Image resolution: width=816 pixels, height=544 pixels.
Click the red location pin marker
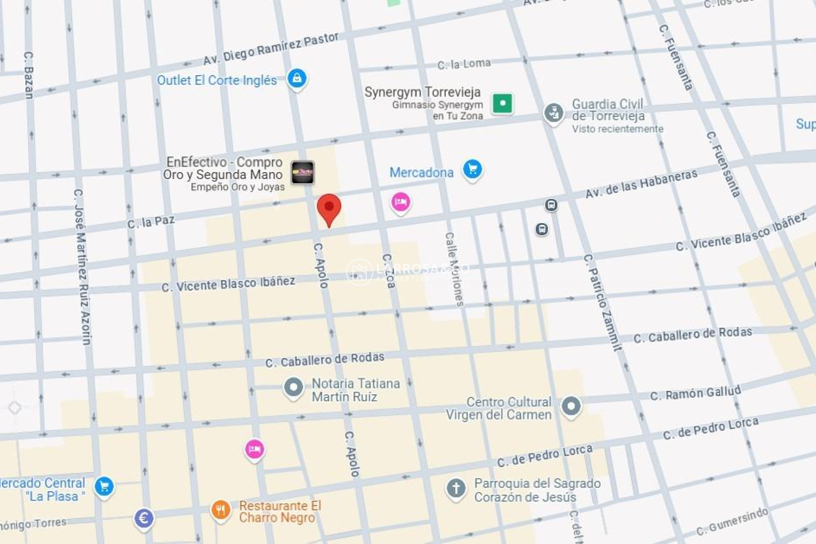329,208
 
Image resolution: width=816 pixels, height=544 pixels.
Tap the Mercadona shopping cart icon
472,169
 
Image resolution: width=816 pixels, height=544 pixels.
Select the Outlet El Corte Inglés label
217,80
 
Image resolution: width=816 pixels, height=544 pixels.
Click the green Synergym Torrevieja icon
502,103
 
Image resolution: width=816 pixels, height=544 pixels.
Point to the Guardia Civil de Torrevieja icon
553,113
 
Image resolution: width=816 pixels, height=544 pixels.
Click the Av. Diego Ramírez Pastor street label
271,49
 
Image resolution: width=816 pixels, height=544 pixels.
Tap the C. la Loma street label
464,64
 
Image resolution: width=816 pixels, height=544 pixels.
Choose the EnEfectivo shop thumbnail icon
303,173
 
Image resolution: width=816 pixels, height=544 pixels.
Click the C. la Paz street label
151,222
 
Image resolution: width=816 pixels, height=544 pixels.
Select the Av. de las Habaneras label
641,184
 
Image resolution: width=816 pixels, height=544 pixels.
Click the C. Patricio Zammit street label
603,302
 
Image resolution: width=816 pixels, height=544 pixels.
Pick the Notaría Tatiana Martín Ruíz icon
293,387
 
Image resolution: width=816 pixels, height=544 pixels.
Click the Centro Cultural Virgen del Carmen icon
571,406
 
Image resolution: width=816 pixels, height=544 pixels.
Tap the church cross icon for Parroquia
456,488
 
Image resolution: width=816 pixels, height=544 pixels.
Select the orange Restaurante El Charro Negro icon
221,510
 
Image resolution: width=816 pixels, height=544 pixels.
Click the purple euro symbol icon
144,518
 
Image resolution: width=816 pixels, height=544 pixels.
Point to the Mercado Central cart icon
104,486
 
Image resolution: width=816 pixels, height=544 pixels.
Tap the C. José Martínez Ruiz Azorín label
82,267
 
